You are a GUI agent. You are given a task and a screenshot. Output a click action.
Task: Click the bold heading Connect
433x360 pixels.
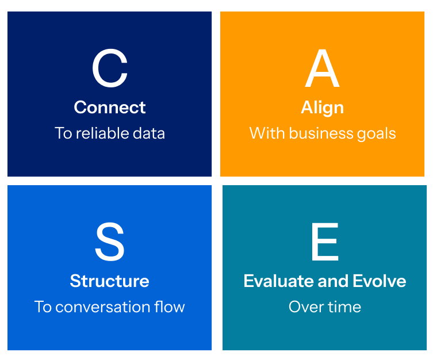tap(110, 108)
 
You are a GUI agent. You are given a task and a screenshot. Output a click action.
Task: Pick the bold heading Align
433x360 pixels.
tap(322, 108)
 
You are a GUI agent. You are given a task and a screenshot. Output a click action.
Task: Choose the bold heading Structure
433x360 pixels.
tap(109, 281)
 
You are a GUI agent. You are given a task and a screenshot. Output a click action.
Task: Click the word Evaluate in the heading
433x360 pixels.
tap(273, 281)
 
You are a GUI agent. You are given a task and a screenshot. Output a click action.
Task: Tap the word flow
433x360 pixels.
tap(170, 307)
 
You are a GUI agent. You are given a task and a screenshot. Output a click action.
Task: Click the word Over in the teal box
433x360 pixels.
tap(306, 307)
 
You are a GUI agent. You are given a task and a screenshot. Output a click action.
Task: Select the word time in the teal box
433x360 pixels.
tap(344, 307)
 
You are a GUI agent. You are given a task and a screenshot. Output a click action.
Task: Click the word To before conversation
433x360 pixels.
tap(43, 307)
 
